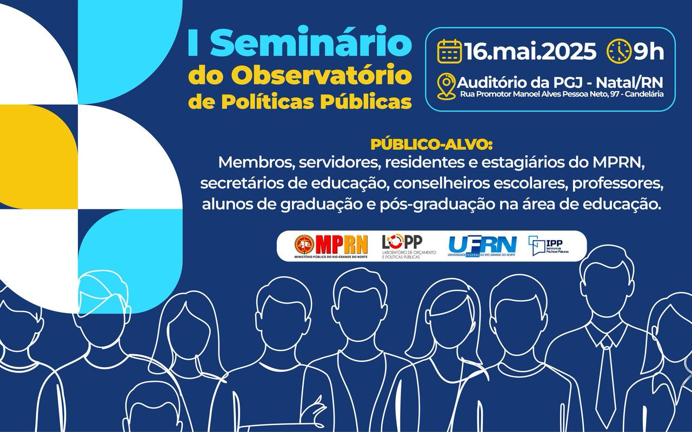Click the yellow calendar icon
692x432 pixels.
449,51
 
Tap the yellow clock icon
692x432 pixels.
619,51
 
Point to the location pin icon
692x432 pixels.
447,86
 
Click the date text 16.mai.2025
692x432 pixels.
530,51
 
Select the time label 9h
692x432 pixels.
648,51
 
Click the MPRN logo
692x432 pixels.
331,246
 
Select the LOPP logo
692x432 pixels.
408,246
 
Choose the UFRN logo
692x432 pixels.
482,246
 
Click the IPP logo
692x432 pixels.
548,246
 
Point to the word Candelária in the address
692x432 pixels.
644,94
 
